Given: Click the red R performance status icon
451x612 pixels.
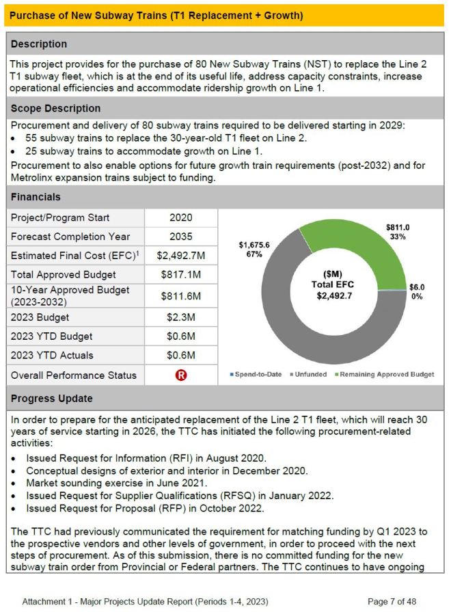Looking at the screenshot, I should click(181, 375).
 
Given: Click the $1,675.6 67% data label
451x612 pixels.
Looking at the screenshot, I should click(254, 249).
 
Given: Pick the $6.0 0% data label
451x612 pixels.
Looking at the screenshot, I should click(416, 292).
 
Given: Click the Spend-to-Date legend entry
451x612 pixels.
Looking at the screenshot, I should click(256, 374).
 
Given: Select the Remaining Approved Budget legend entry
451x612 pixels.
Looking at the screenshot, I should click(387, 374).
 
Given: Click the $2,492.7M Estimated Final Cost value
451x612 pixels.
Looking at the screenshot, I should click(181, 255).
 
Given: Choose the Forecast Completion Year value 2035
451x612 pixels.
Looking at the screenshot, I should click(181, 237).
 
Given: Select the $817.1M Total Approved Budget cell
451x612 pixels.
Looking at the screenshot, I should click(181, 275).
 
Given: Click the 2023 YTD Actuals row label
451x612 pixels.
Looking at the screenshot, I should click(52, 355).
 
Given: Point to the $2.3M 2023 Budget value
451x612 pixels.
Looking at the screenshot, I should click(181, 317).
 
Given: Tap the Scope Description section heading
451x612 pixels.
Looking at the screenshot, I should click(56, 108).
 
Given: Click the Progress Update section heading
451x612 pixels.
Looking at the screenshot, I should click(52, 399).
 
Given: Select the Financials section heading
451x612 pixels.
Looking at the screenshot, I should click(36, 197).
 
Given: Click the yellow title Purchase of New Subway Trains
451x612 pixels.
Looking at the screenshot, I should click(157, 14).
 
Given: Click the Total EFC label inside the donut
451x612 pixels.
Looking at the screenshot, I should click(333, 284).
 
